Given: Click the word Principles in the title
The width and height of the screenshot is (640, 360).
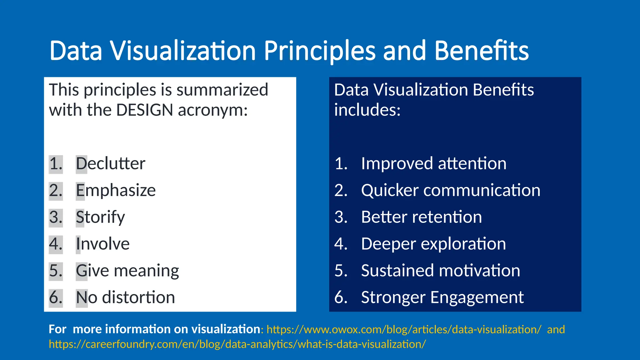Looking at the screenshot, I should pyautogui.click(x=319, y=51).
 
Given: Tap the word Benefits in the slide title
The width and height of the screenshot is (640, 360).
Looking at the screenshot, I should pyautogui.click(x=481, y=51).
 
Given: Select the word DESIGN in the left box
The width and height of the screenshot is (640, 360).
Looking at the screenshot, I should pyautogui.click(x=144, y=110).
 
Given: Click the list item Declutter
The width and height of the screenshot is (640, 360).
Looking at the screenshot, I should pyautogui.click(x=111, y=164).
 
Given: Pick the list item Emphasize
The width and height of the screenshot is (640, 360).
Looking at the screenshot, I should pyautogui.click(x=116, y=190).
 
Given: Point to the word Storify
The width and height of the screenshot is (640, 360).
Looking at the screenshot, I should pyautogui.click(x=100, y=217).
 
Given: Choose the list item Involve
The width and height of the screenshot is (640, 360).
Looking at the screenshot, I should pyautogui.click(x=102, y=244).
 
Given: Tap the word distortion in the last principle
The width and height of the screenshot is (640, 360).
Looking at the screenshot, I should pyautogui.click(x=138, y=297).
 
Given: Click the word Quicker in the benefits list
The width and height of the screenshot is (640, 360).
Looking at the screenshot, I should pyautogui.click(x=389, y=190).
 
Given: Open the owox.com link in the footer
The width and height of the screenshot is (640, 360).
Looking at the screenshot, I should pyautogui.click(x=404, y=330).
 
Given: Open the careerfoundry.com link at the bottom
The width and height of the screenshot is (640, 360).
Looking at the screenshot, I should pyautogui.click(x=237, y=344).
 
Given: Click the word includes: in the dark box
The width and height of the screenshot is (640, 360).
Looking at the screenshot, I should pyautogui.click(x=367, y=110).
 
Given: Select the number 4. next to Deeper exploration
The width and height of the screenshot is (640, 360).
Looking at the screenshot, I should pyautogui.click(x=341, y=244).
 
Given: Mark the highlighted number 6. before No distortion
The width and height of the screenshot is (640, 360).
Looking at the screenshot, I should pyautogui.click(x=56, y=297).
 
